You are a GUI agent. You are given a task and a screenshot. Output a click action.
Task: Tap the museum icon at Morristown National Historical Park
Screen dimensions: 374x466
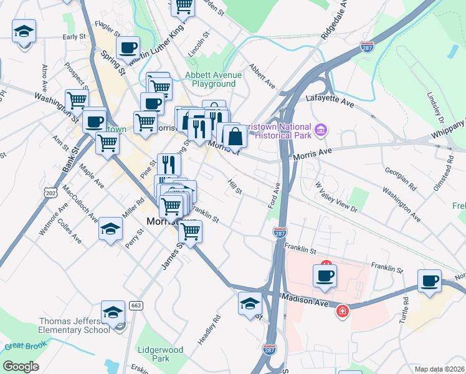[321, 130]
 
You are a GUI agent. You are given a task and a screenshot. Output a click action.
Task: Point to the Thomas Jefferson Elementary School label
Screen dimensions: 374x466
[75, 325]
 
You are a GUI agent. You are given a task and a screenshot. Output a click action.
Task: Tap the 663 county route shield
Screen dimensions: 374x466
[136, 306]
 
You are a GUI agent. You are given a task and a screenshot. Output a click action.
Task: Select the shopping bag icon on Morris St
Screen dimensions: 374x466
[235, 135]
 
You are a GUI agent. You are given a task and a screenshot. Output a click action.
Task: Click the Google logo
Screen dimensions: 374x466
[21, 366]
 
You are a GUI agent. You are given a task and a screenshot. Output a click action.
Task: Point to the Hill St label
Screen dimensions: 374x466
[235, 186]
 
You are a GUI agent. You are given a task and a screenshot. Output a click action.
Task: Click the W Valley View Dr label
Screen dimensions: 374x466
[336, 197]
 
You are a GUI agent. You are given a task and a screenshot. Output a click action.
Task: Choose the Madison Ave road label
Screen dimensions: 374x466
[305, 300]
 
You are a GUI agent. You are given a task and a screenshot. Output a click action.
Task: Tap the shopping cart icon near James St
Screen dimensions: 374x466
[191, 232]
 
